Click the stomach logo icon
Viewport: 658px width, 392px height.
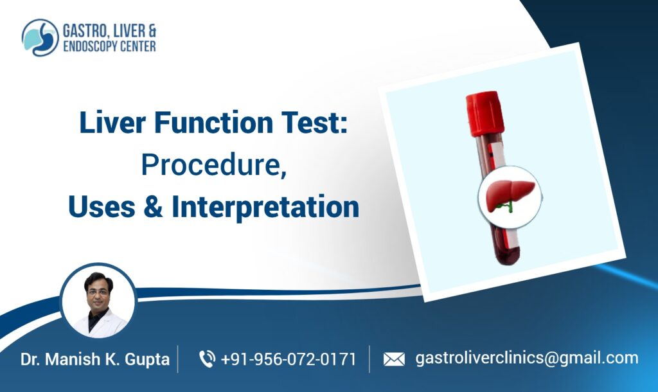[x=40, y=37]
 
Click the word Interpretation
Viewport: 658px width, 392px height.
[x=264, y=207]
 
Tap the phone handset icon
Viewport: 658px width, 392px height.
[x=207, y=359]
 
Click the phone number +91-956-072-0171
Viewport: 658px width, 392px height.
[x=289, y=359]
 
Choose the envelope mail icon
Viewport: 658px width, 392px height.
[x=394, y=359]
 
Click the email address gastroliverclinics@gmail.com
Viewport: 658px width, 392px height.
[x=527, y=358]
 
